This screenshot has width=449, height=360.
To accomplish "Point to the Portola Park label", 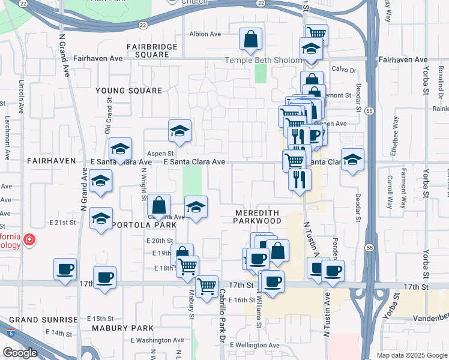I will click(135, 224).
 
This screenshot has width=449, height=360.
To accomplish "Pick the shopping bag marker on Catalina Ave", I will click(158, 205).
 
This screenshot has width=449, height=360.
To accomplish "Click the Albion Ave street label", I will click(206, 34).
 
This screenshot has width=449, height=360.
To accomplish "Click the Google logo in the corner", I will click(20, 353).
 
